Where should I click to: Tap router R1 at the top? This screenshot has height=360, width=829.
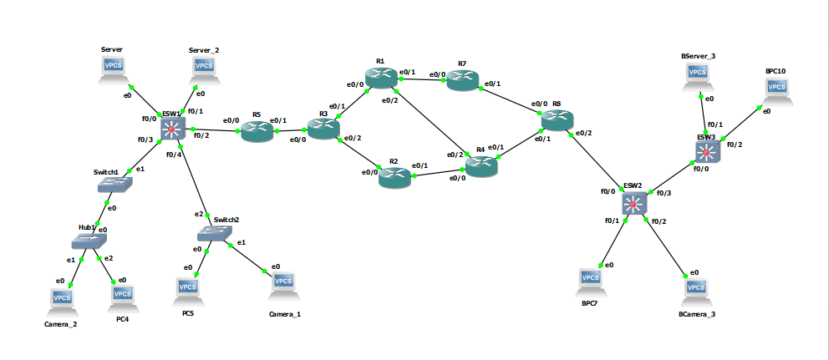[x=381, y=78]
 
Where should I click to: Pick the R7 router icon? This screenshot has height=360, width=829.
[x=462, y=80]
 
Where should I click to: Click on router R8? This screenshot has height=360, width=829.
[x=557, y=121]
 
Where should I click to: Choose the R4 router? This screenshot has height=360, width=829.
[x=481, y=165]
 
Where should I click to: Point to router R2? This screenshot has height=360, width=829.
[x=394, y=175]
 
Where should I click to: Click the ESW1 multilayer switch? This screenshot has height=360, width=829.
[x=172, y=128]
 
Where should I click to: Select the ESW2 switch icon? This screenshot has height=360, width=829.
[x=634, y=203]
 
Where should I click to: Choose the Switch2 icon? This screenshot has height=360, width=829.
[x=215, y=233]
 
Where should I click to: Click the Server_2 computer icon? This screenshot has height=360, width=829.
[x=203, y=69]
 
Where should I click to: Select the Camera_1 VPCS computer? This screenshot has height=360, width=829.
[x=284, y=286]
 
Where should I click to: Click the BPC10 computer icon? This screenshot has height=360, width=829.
[x=776, y=90]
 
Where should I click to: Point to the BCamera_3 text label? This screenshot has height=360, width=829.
[x=697, y=315]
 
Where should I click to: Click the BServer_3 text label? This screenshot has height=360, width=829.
[x=698, y=56]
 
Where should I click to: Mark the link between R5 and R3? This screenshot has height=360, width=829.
[x=289, y=130]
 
